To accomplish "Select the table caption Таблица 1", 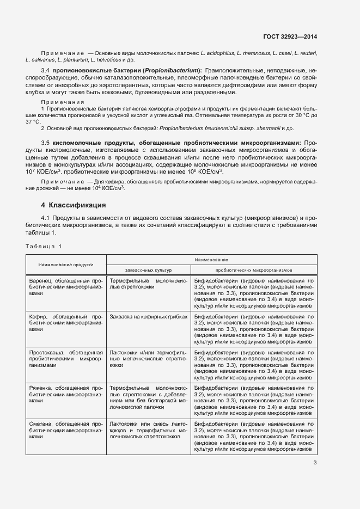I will point(44,246).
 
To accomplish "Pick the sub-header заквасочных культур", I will point(148,269).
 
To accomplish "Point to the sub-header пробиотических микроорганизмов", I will point(254,269).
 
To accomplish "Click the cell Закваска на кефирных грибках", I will point(148,316).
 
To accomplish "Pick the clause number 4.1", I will point(46,218).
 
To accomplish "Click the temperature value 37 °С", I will point(33,121).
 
